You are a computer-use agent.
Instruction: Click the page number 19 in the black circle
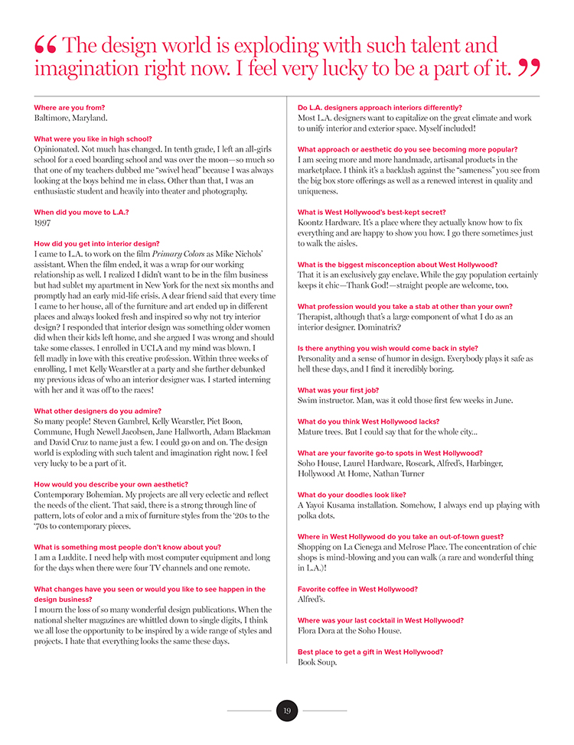pos(286,711)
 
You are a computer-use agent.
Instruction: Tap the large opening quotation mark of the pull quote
pos(45,48)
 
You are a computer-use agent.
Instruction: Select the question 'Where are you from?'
pos(70,108)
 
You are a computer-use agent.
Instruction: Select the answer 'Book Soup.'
pos(317,662)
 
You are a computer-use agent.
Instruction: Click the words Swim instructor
pos(328,400)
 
